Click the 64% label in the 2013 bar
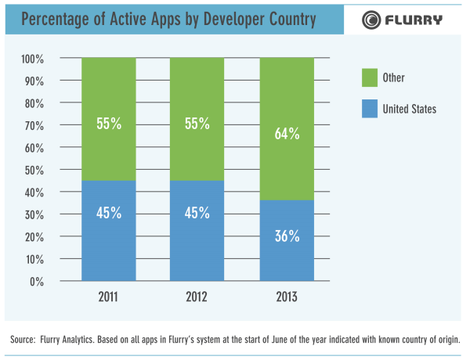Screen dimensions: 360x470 [x=287, y=134]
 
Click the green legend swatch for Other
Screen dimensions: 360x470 [x=369, y=77]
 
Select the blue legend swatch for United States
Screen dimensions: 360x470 [x=369, y=109]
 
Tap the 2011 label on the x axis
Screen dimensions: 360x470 [x=108, y=297]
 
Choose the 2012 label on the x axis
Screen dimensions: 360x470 [x=197, y=297]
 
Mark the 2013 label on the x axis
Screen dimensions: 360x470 [x=287, y=297]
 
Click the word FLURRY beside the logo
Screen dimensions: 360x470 [x=416, y=20]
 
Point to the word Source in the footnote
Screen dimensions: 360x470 [x=23, y=340]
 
